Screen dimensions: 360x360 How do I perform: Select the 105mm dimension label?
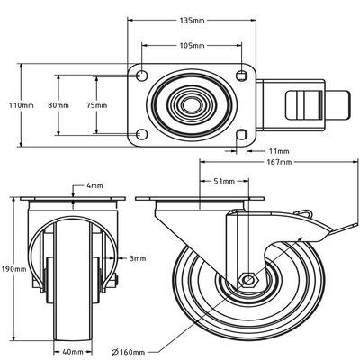(x=191, y=44)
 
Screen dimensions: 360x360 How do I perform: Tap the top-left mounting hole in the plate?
(x=140, y=74)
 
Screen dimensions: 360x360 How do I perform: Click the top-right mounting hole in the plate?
(x=241, y=74)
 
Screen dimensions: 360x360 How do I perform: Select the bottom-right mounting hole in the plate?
(x=241, y=136)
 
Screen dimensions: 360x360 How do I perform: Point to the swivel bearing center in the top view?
(x=191, y=105)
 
